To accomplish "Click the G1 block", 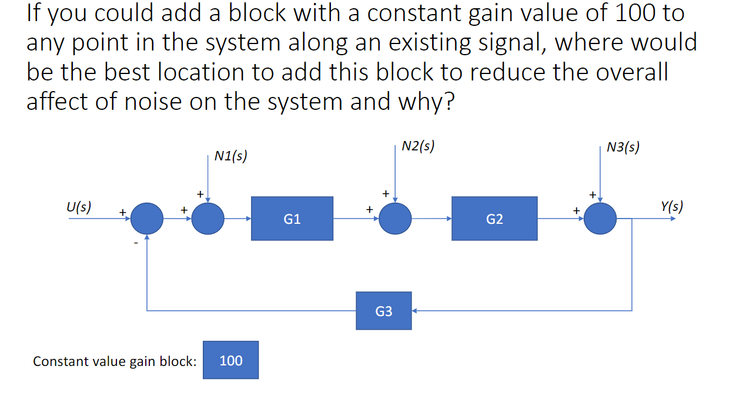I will [292, 219].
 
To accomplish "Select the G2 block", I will [494, 219].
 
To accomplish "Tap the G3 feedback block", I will [383, 311].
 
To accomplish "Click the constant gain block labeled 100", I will [231, 360].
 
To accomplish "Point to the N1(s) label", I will [230, 156].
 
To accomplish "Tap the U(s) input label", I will [79, 207].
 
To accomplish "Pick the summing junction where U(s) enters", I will [146, 219].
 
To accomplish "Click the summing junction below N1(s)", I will [207, 219].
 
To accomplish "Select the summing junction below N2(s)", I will [395, 219].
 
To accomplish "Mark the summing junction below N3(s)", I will [600, 219].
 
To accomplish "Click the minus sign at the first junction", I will [136, 242].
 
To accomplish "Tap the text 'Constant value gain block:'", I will [115, 361].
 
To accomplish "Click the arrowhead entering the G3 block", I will [414, 311].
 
